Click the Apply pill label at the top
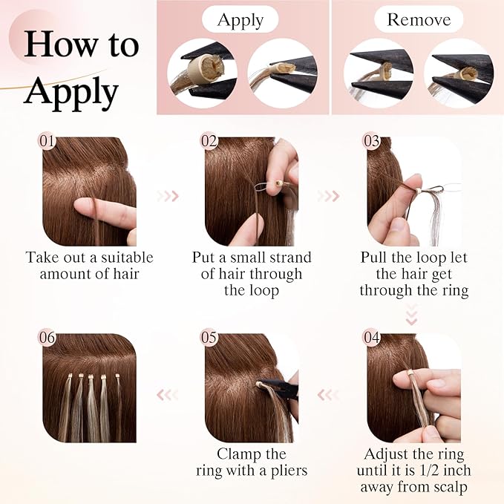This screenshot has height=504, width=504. [240, 19]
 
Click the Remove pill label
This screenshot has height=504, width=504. [419, 19]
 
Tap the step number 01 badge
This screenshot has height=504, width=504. [47, 141]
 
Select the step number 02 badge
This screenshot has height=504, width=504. [209, 141]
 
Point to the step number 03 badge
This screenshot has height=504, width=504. [371, 141]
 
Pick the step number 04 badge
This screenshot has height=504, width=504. [372, 338]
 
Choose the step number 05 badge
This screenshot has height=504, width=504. [209, 338]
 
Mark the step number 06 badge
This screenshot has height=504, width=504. [47, 338]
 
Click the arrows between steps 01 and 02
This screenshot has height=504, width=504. [168, 196]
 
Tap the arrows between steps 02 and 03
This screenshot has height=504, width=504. [328, 196]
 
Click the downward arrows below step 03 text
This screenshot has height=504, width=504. [412, 314]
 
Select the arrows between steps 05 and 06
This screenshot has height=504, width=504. [167, 395]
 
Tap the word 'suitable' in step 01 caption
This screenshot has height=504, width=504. [127, 258]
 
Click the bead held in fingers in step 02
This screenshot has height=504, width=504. [278, 184]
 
